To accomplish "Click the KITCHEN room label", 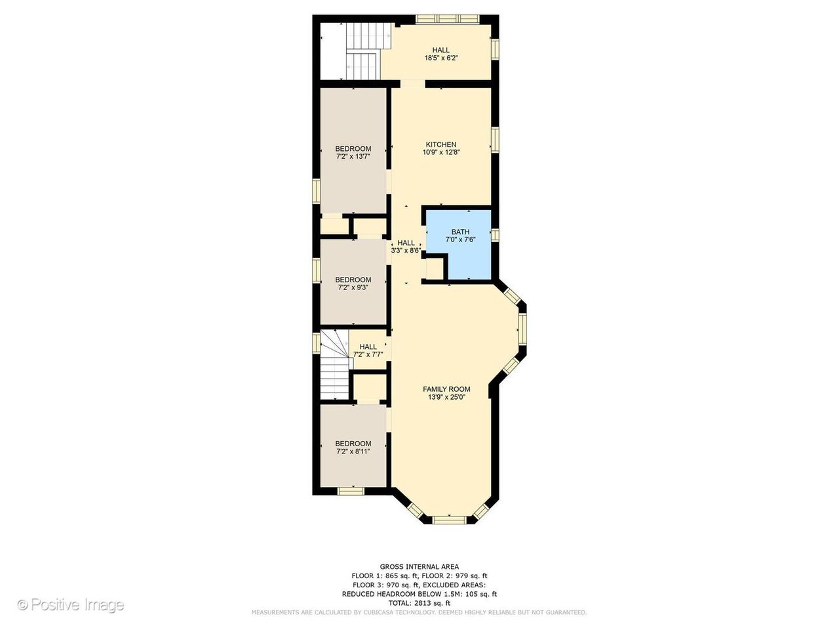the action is [x=441, y=144].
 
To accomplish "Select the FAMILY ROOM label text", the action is [x=446, y=389].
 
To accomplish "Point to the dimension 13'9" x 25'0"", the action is [x=446, y=397].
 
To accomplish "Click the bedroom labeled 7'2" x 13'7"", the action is [x=353, y=150].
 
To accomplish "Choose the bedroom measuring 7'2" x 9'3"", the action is [x=353, y=283].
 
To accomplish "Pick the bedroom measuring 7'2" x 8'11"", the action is [x=353, y=447].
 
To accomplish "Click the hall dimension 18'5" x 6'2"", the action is [x=441, y=58].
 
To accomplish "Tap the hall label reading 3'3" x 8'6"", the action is [x=406, y=251].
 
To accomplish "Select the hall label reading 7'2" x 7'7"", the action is [x=368, y=354].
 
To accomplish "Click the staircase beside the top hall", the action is [x=368, y=51].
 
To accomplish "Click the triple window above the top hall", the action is [x=448, y=19].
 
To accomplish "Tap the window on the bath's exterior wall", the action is [x=495, y=235].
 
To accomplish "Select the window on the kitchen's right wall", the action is [x=495, y=140].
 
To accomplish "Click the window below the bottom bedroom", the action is [x=351, y=491].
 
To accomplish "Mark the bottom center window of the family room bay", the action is [x=450, y=520].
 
